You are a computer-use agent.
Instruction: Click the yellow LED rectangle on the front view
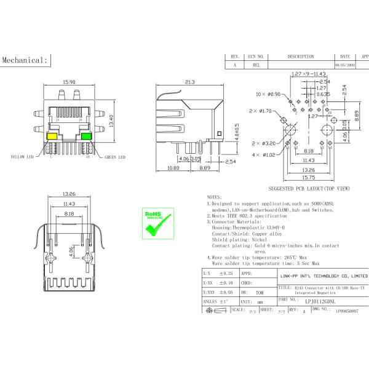coord(53,136)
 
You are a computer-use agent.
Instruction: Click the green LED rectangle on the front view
coord(87,136)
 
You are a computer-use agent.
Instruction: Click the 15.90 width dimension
coord(69,82)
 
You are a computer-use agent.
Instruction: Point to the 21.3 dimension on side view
coord(189,82)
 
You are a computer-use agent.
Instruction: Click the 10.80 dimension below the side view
coord(173,168)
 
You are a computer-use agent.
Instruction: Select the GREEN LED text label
coord(114,157)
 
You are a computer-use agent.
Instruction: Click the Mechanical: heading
coord(25,60)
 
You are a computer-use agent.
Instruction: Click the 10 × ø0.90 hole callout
coord(268,94)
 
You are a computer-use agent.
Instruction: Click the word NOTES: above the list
coord(213,197)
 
